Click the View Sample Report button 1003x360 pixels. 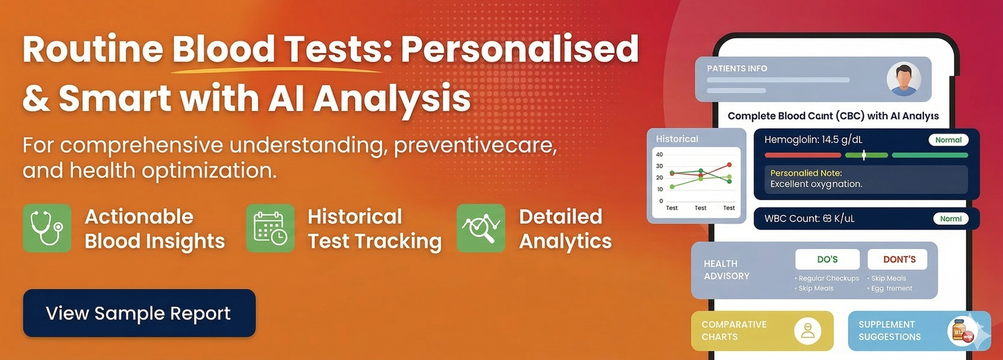click(x=139, y=313)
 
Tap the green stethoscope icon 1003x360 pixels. click(x=47, y=228)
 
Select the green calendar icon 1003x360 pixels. click(x=270, y=228)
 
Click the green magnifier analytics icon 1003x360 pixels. click(x=481, y=228)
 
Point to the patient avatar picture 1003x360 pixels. click(x=903, y=79)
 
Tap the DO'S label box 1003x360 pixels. click(x=827, y=259)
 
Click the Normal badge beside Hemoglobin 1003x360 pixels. click(x=948, y=140)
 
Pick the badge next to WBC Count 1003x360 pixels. click(x=950, y=218)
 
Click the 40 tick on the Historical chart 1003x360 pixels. click(x=659, y=154)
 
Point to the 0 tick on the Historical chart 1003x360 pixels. click(x=661, y=201)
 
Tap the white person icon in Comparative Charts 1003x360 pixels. click(x=807, y=331)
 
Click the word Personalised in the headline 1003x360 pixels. click(x=520, y=48)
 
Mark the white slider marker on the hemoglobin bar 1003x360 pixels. click(x=864, y=155)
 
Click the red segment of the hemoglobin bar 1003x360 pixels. click(x=803, y=155)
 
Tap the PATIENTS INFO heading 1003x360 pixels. click(x=737, y=68)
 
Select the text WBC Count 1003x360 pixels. click(x=792, y=218)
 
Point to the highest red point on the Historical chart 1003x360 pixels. click(x=730, y=165)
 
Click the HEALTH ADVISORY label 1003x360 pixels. click(x=727, y=270)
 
